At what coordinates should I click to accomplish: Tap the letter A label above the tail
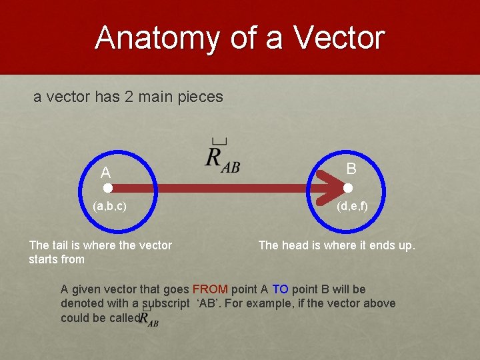pyautogui.click(x=105, y=173)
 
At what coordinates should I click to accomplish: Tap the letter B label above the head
pyautogui.click(x=351, y=168)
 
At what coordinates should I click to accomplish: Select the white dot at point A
pyautogui.click(x=107, y=189)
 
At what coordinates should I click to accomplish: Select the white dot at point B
pyautogui.click(x=348, y=189)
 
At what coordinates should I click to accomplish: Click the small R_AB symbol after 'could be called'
pyautogui.click(x=149, y=318)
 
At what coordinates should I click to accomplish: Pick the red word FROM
pyautogui.click(x=210, y=289)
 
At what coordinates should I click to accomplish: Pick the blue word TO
pyautogui.click(x=280, y=289)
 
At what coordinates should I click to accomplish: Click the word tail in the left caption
pyautogui.click(x=62, y=245)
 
